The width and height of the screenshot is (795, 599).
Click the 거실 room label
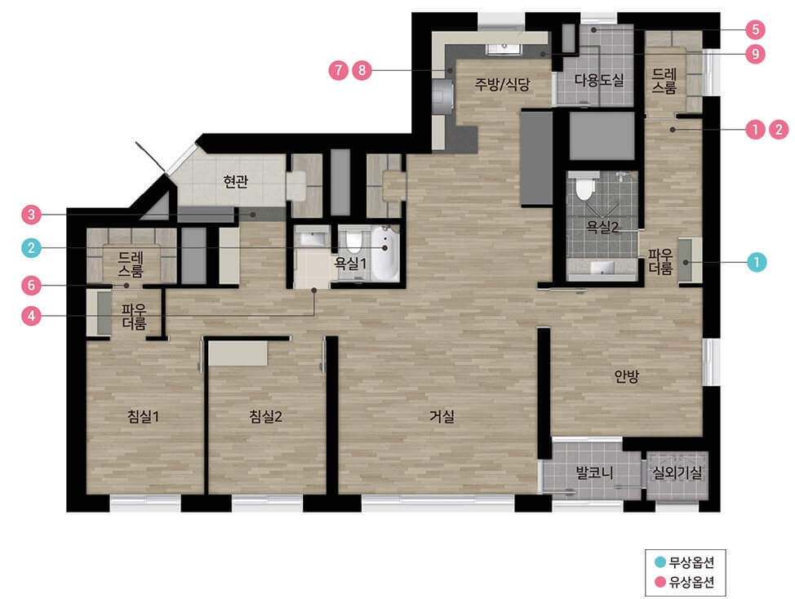442,416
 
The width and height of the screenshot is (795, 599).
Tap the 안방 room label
626,376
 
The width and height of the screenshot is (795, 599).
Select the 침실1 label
143,416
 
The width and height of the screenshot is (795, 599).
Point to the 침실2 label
265,416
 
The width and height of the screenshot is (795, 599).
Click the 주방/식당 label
502,83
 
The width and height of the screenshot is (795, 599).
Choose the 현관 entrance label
236,181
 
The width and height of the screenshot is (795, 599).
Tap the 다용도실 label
599,80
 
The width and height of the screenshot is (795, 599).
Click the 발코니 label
594,473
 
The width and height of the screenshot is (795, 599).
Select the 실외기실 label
677,473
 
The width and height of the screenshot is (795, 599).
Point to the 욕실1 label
350,263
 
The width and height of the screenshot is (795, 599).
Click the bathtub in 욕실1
386,253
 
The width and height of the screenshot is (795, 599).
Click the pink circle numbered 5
756,29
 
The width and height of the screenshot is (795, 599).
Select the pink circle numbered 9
756,54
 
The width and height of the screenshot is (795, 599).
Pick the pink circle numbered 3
32,215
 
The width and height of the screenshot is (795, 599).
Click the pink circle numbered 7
338,70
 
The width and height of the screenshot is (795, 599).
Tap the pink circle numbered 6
32,286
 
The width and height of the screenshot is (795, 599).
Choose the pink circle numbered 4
32,316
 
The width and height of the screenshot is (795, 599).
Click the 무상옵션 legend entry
685,562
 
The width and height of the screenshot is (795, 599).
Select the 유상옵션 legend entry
685,582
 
